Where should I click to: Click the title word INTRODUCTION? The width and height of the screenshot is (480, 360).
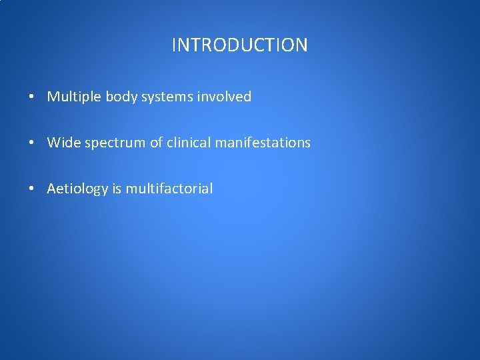(x=239, y=45)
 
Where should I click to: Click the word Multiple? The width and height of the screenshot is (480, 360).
(x=74, y=97)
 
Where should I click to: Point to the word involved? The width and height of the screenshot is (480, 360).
(x=225, y=97)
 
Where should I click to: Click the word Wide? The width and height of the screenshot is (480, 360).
(x=63, y=143)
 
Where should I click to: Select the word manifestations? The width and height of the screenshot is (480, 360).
(x=263, y=143)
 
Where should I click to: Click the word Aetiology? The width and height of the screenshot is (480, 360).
(x=77, y=189)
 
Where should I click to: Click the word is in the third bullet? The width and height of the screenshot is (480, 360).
(x=117, y=189)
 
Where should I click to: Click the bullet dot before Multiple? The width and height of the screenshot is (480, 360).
(x=32, y=97)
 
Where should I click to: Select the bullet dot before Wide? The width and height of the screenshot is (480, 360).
(x=32, y=143)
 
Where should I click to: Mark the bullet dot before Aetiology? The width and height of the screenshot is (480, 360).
(x=32, y=189)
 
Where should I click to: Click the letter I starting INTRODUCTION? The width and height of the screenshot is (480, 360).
(x=174, y=45)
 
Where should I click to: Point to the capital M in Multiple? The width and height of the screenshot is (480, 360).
(x=53, y=97)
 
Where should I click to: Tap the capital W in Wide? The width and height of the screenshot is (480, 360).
(x=53, y=143)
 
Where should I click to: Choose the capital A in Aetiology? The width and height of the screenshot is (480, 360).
(x=51, y=189)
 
